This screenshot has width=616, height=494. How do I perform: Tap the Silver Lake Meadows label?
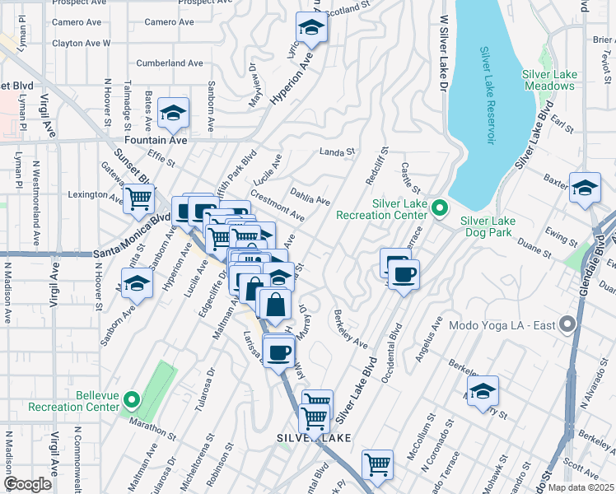tap(549, 80)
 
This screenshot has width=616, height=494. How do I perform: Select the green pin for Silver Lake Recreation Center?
tap(438, 209)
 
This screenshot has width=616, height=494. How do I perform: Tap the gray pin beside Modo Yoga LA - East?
tap(566, 324)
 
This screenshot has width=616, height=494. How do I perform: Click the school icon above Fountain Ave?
tap(173, 114)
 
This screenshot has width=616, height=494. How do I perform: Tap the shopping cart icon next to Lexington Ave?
tap(138, 198)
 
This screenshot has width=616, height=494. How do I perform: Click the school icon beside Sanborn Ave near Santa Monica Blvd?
tap(137, 286)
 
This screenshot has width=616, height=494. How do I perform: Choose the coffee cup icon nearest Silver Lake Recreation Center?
tap(403, 274)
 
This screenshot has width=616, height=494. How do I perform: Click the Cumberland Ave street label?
tap(169, 63)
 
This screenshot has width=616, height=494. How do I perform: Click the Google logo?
tap(28, 484)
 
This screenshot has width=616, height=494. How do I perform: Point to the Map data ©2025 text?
tap(581, 487)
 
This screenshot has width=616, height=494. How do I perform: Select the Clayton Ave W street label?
tap(81, 43)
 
